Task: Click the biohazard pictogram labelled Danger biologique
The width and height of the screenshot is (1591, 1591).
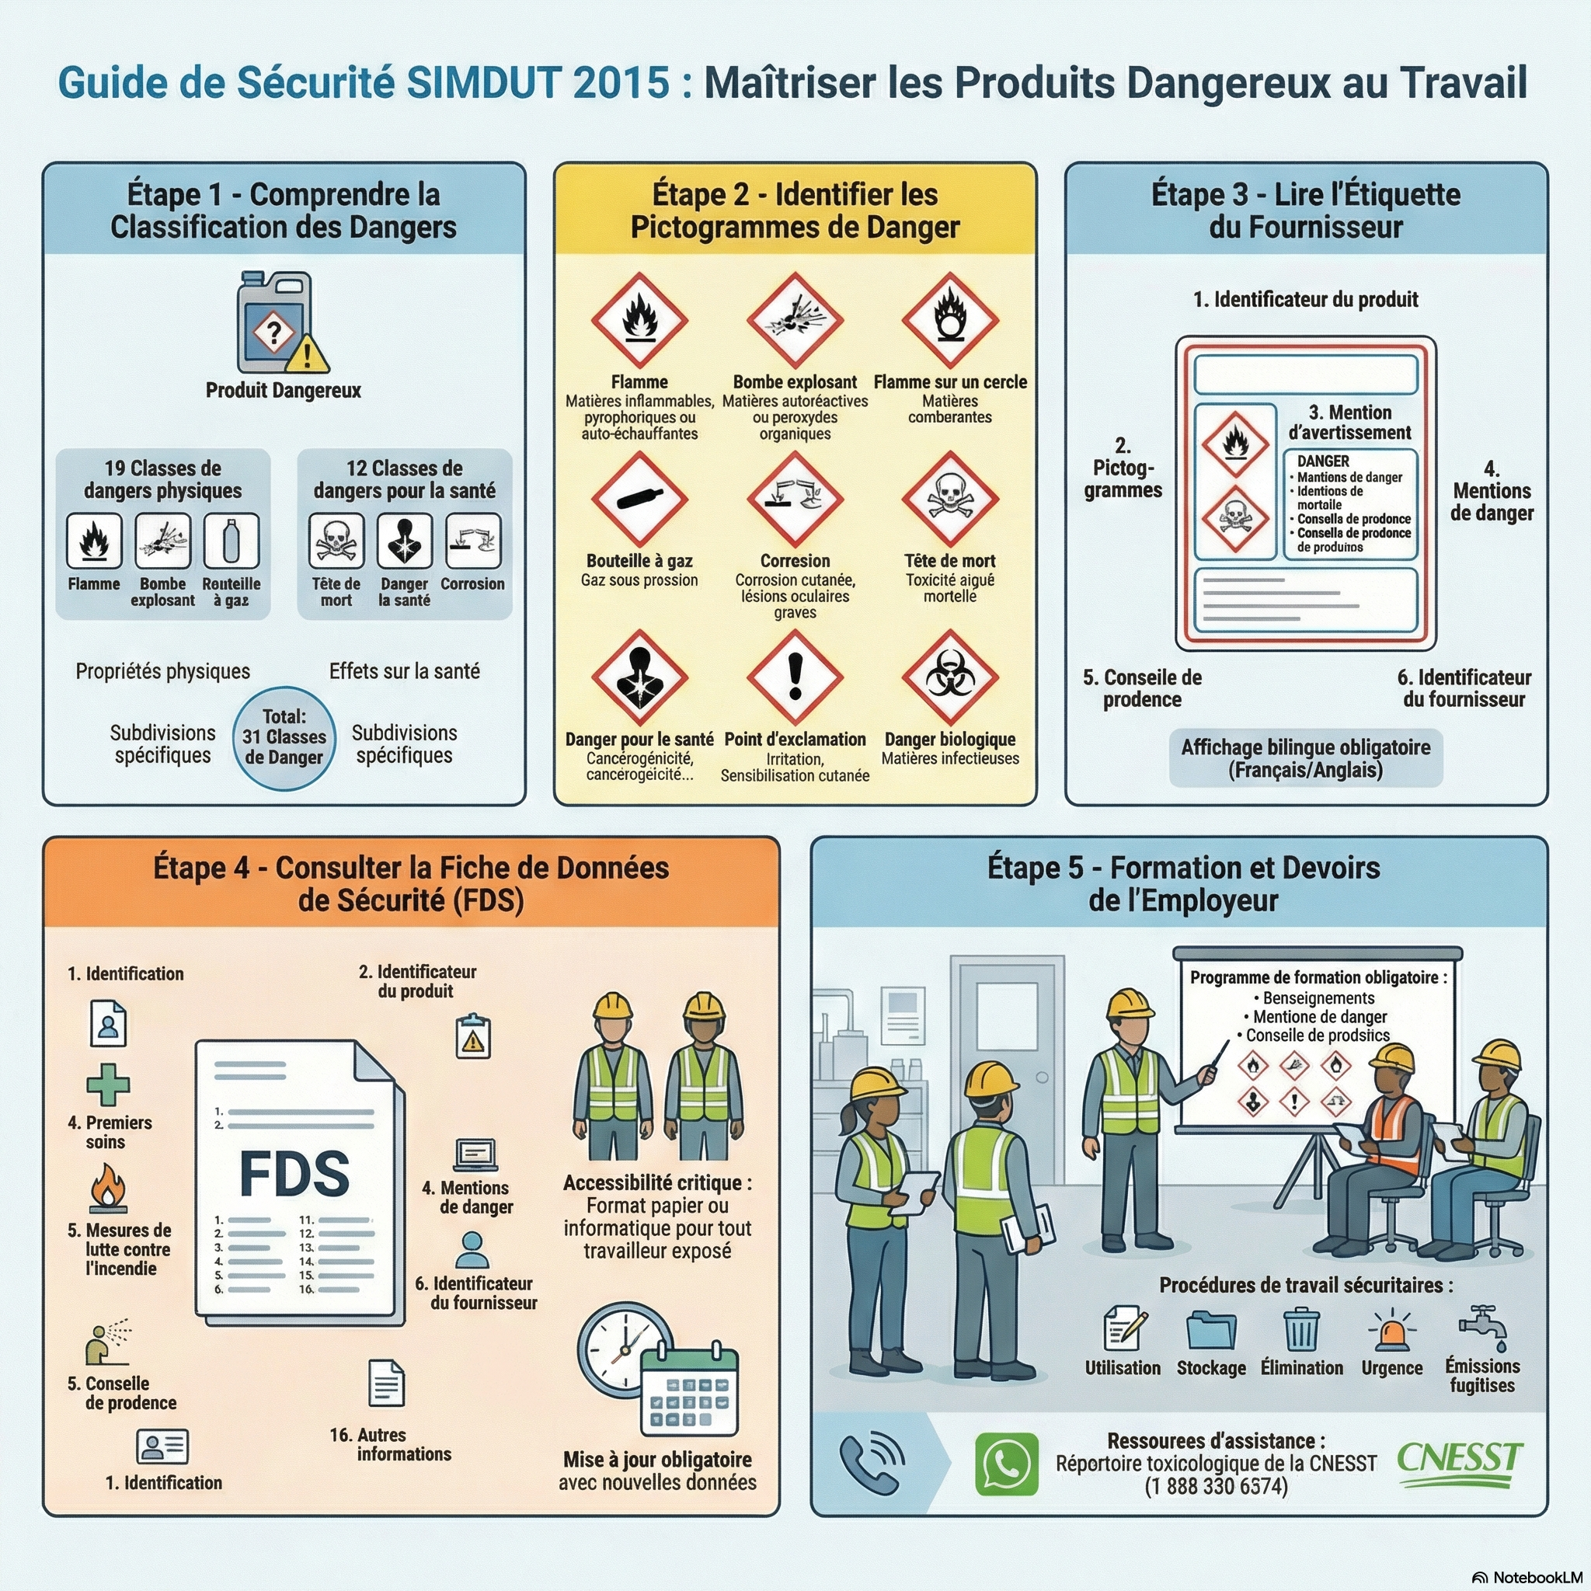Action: (x=949, y=677)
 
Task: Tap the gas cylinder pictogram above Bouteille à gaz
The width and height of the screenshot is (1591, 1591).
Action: (x=639, y=499)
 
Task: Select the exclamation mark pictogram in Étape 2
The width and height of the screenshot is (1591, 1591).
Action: (x=795, y=677)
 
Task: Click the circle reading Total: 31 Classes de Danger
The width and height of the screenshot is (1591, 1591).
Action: (x=284, y=738)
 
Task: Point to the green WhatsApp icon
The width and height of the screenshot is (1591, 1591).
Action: (x=1006, y=1464)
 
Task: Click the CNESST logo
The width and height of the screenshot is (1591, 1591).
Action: (x=1459, y=1464)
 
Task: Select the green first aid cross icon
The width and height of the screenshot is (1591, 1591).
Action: (x=108, y=1084)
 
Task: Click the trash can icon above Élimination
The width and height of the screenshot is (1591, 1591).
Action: (x=1301, y=1330)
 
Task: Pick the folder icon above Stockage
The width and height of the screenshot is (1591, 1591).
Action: (x=1210, y=1331)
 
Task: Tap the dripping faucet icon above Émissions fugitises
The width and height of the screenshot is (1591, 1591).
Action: (x=1482, y=1328)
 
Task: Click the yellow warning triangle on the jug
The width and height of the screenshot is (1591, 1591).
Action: (x=307, y=353)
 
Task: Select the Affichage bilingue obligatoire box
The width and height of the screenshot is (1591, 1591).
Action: (x=1305, y=758)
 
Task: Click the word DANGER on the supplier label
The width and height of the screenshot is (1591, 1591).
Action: (x=1323, y=461)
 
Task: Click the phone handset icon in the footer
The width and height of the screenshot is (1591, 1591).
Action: (x=872, y=1464)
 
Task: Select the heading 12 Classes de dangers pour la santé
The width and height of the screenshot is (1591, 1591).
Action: (x=404, y=479)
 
